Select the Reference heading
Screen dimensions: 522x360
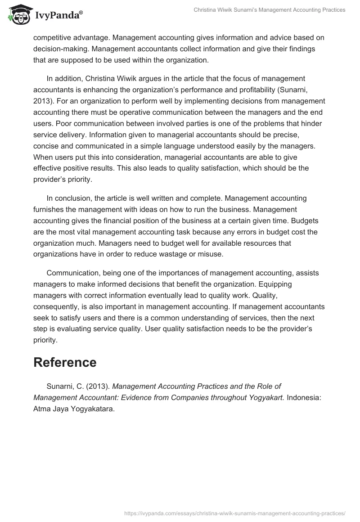(65, 362)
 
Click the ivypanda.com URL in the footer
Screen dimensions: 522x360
(235, 512)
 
